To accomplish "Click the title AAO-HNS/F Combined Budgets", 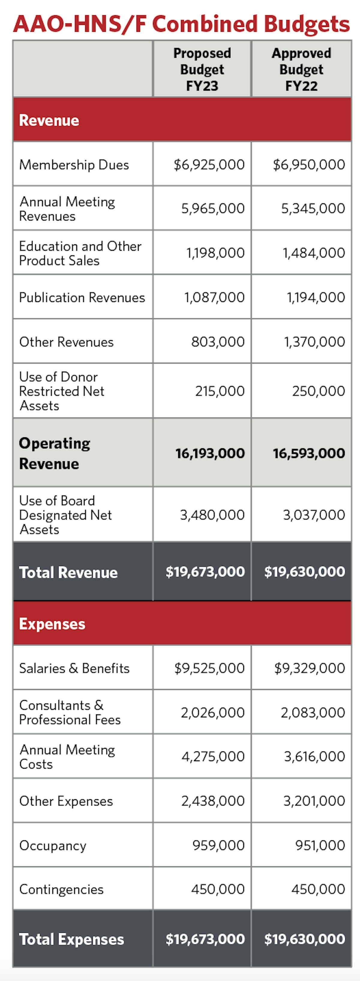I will pos(181,24).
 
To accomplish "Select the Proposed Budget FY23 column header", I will pos(202,69).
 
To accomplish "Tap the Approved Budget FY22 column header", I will pos(301,69).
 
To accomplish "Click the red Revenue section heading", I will pos(49,120).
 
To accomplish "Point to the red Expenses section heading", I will pos(52,624).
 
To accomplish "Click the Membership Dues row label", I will pos(74,165).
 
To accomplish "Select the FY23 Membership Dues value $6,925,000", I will pos(209,165).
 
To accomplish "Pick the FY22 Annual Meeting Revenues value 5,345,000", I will pos(313,208).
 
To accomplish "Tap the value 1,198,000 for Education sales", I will pos(215,253).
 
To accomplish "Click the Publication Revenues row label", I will pos(82,298).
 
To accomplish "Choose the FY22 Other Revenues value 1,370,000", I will pos(314,342).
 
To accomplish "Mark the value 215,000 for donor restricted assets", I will pos(220,391).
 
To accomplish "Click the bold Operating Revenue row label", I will pos(55,453).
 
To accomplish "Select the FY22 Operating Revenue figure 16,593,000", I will pos(309,453).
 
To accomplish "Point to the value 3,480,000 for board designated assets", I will pos(212,515).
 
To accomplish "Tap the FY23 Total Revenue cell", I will pos(205,572).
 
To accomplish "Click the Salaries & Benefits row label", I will pos(74,668).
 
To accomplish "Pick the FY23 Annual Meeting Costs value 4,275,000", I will pos(213,756).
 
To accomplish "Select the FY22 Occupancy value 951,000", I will pos(320,845).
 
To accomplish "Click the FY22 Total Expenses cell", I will pos(304,939).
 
